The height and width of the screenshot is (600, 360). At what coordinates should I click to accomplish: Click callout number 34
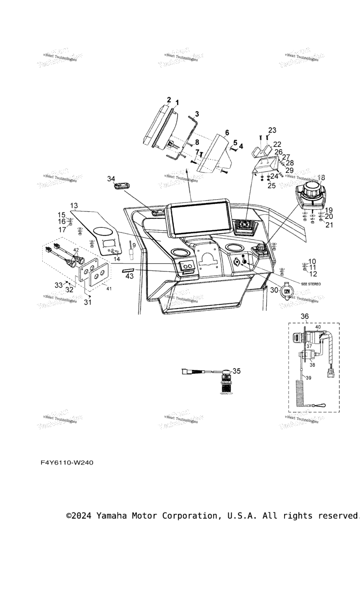point(111,179)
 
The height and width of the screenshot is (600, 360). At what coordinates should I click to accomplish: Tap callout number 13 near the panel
point(74,205)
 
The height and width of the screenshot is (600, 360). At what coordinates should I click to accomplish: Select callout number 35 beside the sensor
point(236,371)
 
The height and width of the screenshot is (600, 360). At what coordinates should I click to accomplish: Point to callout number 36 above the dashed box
point(305,316)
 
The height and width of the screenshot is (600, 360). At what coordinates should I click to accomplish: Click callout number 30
point(274,290)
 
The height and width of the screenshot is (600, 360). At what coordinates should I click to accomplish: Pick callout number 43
point(129,276)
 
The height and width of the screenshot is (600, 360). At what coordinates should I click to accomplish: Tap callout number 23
point(272,130)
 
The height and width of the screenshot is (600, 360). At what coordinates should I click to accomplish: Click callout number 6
point(227,133)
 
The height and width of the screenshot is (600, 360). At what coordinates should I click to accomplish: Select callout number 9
point(134,245)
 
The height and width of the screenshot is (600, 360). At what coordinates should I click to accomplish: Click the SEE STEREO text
point(311,284)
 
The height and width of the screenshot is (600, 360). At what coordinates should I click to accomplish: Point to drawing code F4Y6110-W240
point(67,463)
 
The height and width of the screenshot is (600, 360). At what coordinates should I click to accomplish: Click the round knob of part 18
point(312,190)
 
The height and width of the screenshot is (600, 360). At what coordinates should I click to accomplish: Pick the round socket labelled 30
point(286,292)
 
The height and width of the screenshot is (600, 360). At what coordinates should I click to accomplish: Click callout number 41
point(109,289)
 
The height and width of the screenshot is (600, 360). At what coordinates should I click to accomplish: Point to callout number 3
point(197,114)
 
